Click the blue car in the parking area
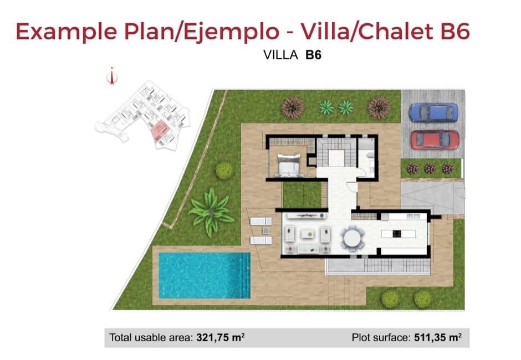click(433, 112)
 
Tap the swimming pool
click(204, 275)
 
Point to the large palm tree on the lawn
click(211, 212)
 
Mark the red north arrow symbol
click(113, 76)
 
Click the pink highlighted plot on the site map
click(161, 130)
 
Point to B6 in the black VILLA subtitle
click(313, 55)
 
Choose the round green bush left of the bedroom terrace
click(224, 170)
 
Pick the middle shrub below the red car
click(430, 168)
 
